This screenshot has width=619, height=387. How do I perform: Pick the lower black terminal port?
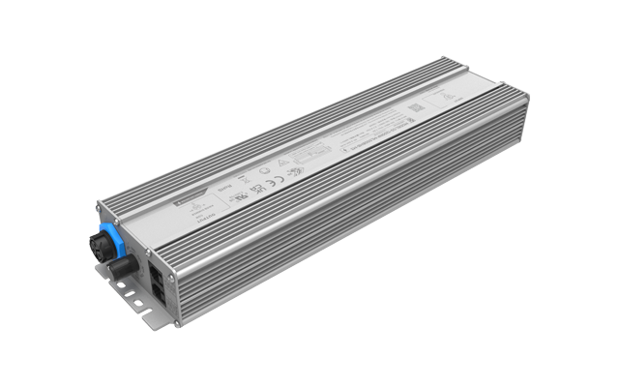tap(161, 284)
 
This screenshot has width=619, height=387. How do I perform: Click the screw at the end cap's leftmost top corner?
tap(100, 204)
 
